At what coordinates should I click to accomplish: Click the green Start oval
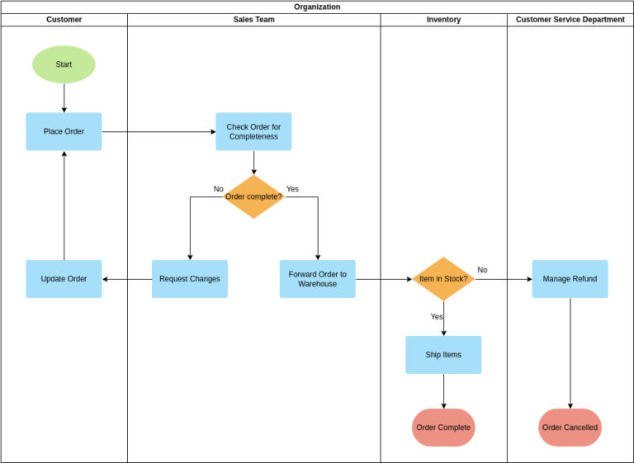pos(64,64)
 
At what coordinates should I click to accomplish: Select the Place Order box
pos(64,131)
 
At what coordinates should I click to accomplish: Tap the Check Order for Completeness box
pos(253,131)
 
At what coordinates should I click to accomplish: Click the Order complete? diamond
pos(253,196)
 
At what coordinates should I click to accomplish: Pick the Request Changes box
pos(190,279)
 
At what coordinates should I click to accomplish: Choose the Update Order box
pos(64,279)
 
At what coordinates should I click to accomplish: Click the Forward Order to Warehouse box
pos(317,279)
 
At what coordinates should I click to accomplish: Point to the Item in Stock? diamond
pos(443,279)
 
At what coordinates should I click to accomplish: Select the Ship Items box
pos(443,355)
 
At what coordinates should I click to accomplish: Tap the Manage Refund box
pos(570,279)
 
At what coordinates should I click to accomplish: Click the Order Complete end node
pos(443,428)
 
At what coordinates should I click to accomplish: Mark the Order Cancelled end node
pos(570,428)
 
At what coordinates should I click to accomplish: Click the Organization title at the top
pos(317,7)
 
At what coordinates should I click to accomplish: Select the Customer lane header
pos(64,20)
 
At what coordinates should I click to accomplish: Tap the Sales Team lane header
pos(253,20)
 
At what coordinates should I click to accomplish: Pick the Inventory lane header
pos(443,20)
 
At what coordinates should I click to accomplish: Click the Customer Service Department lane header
pos(570,20)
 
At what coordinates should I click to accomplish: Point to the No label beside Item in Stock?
pos(482,270)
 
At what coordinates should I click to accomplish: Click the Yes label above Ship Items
pos(437,317)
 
